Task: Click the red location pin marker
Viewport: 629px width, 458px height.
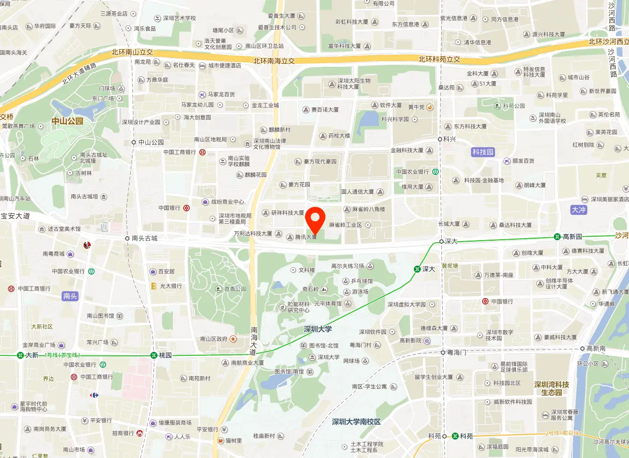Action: (315, 220)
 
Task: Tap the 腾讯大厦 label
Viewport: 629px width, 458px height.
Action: (306, 237)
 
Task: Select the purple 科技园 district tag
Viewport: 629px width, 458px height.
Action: (483, 152)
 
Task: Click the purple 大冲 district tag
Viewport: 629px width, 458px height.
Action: (579, 210)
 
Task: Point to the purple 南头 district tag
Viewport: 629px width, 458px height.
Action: (70, 296)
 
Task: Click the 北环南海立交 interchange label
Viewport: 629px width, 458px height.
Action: (274, 61)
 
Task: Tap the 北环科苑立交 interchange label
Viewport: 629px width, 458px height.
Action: (439, 59)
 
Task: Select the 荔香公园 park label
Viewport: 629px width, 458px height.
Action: (234, 289)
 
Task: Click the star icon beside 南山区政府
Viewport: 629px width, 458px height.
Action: (233, 339)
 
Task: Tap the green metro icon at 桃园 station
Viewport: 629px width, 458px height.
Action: (154, 355)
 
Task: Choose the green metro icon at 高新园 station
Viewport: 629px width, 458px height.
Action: (557, 237)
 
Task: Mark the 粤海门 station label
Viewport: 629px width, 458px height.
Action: (457, 352)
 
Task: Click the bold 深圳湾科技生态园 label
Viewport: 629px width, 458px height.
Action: (551, 388)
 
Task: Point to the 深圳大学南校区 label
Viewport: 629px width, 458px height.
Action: (356, 422)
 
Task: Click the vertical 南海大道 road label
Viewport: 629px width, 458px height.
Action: (253, 340)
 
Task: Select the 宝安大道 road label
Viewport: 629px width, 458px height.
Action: (15, 216)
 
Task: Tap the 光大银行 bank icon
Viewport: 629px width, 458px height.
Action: (154, 286)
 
